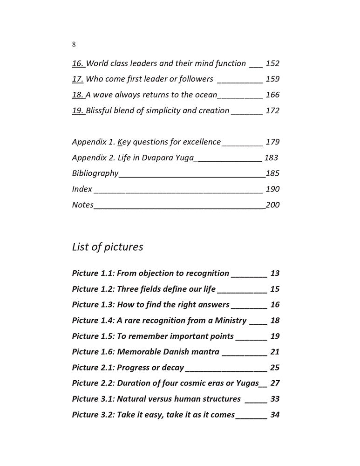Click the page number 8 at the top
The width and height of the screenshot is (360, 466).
coord(74,45)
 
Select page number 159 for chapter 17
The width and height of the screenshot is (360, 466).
coord(272,79)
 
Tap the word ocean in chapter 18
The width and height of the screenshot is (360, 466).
coord(205,95)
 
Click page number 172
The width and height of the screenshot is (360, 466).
coord(272,110)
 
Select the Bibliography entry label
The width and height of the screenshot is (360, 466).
coord(95,173)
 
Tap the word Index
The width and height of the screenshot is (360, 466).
coord(82,189)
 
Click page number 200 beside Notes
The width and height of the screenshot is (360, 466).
coord(272,205)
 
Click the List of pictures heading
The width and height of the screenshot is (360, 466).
coord(107,247)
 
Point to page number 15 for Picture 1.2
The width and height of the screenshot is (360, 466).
coord(275,289)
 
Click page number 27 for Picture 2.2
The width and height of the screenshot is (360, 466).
coord(275,384)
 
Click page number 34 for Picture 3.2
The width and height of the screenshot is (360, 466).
coord(275,415)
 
